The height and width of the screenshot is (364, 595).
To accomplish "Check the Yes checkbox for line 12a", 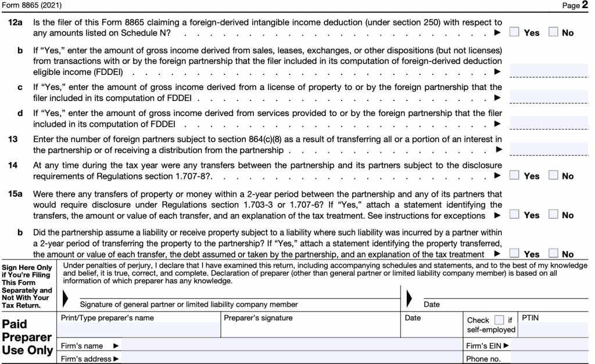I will tap(514, 33).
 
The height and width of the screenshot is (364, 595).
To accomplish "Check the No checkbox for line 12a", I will tap(553, 33).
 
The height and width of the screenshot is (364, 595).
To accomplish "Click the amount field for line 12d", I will tap(551, 123).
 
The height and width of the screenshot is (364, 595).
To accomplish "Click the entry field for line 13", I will tap(551, 149).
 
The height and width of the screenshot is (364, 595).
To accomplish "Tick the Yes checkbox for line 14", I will tap(514, 175).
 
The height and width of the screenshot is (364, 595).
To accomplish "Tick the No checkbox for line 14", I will tap(553, 175).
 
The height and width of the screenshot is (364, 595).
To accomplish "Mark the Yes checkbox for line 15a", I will tap(514, 214).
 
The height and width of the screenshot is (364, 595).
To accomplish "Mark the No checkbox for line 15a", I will tap(553, 214).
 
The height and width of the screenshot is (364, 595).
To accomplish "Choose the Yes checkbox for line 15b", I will tap(514, 253).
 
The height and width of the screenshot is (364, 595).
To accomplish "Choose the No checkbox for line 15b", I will tap(553, 253).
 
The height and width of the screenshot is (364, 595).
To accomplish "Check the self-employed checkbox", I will tap(499, 320).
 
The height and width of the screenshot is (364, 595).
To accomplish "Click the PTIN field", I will tap(555, 329).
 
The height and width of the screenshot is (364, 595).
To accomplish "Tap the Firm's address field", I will tap(291, 359).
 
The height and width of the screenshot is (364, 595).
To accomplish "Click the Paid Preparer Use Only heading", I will tap(28, 337).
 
